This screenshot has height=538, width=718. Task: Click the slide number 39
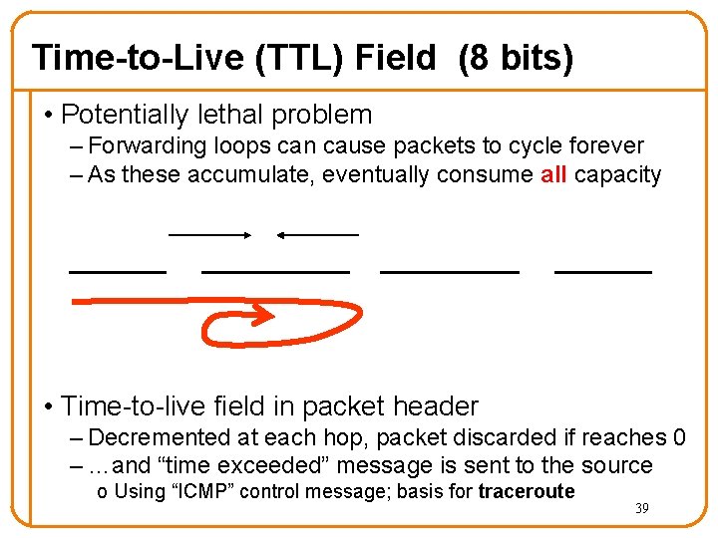point(642,509)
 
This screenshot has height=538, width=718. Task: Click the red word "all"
point(553,175)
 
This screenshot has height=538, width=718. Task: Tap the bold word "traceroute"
point(527,491)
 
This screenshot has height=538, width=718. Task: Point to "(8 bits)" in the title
point(516,58)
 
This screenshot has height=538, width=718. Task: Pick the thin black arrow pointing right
point(210,235)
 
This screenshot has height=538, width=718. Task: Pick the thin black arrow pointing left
point(316,235)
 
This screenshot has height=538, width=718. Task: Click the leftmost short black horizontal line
point(118,271)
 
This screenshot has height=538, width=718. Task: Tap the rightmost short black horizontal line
point(602,271)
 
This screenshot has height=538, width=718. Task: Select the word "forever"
point(603,146)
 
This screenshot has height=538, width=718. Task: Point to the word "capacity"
point(618,175)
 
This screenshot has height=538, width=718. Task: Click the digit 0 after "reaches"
point(679,437)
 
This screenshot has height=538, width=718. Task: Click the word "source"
point(618,465)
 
